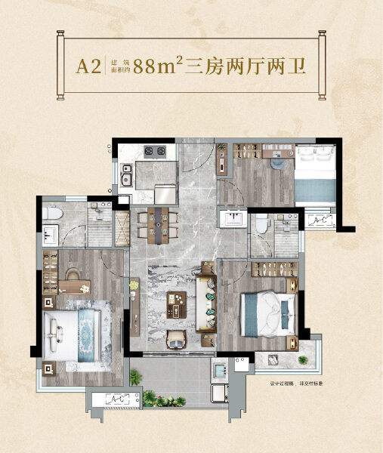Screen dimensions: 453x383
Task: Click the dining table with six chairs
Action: tap(158, 220)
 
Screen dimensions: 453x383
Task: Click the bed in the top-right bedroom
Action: tap(314, 172)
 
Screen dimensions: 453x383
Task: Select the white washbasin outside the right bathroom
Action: tap(232, 218)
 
